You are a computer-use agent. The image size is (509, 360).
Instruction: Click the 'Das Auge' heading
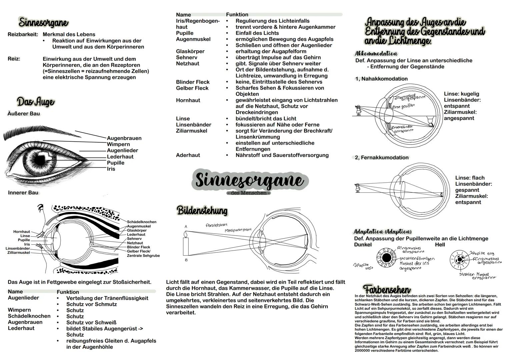tap(36, 102)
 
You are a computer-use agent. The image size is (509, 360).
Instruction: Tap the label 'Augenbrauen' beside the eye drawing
tap(124, 138)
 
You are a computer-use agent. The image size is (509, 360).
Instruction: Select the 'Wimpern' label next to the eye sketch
tap(118, 144)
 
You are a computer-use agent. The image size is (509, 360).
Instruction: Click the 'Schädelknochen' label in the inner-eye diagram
tap(142, 222)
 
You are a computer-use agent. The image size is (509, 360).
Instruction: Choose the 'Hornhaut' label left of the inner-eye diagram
tap(22, 232)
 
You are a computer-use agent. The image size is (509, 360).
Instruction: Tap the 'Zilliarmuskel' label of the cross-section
tap(18, 253)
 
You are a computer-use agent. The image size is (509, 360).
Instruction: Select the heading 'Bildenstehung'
tap(202, 211)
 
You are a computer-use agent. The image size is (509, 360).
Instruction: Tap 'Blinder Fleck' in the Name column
tap(193, 82)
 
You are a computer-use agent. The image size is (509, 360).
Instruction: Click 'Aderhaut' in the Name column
tap(188, 155)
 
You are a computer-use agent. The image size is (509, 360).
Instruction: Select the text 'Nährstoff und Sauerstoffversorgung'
tap(282, 155)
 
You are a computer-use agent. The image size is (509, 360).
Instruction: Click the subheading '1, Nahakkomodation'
tap(381, 79)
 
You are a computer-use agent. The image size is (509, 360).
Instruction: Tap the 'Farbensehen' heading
tap(387, 289)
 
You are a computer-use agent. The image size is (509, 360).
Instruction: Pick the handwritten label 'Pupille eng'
tap(482, 253)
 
